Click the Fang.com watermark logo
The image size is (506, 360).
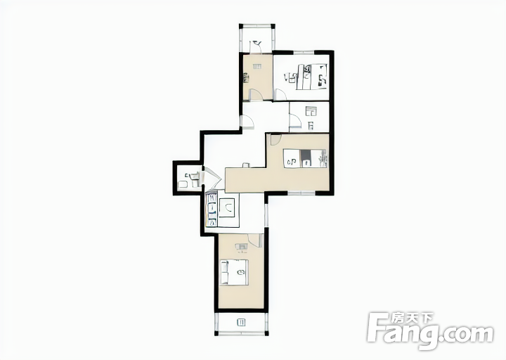(x=431, y=333)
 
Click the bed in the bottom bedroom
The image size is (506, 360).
(x=235, y=272)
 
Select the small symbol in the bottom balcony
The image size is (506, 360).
(x=241, y=322)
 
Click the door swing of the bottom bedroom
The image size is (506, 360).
(x=254, y=241)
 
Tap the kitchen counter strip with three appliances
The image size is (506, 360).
(x=212, y=210)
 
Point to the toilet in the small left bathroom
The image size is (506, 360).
(x=195, y=177)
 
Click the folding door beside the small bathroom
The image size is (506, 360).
(x=211, y=179)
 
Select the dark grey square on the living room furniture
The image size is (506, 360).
(x=306, y=158)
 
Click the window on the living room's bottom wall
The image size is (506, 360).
(x=301, y=193)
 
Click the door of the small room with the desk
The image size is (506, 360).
(x=295, y=120)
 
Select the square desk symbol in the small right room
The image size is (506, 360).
(x=311, y=112)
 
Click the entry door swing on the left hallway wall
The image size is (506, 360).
(x=247, y=122)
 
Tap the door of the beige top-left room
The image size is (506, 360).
(x=257, y=94)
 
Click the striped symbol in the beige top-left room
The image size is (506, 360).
(x=257, y=67)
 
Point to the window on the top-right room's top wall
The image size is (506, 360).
(x=304, y=52)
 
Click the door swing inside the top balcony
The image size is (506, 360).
(x=256, y=46)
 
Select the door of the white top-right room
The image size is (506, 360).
(x=280, y=95)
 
